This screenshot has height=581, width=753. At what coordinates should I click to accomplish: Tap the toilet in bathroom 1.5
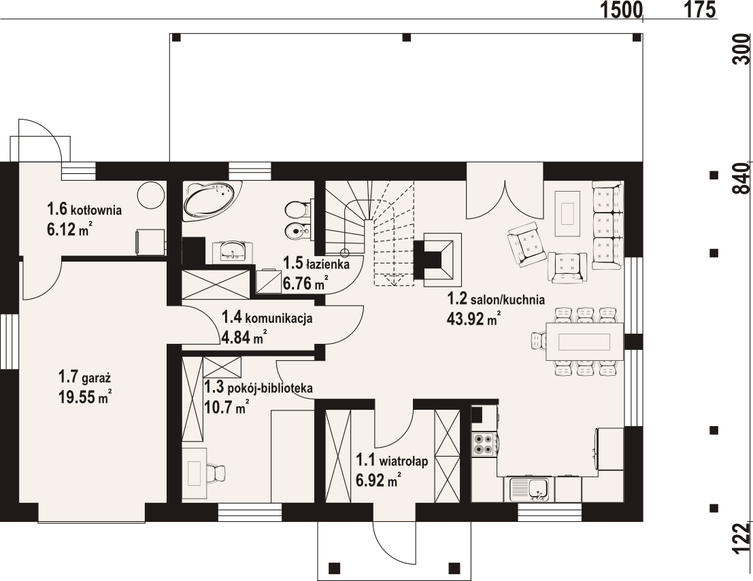click(297, 209)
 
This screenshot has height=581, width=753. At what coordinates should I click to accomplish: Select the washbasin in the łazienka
click(233, 251)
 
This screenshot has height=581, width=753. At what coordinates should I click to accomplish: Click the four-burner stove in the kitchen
click(484, 444)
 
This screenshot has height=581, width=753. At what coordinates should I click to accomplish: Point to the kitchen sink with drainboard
click(530, 489)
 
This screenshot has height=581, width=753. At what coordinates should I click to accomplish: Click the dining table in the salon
click(584, 342)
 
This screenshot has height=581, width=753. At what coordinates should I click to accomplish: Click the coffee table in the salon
click(569, 213)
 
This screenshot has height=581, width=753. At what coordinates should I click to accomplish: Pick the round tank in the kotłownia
click(150, 195)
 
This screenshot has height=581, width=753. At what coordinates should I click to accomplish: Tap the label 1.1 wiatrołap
click(391, 461)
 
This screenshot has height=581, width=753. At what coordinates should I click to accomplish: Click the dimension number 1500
click(621, 9)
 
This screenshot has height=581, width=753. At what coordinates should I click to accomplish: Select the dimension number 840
click(742, 178)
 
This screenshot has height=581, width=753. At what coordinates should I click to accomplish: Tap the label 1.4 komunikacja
click(267, 317)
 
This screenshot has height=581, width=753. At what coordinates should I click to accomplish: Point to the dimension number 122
click(742, 539)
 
